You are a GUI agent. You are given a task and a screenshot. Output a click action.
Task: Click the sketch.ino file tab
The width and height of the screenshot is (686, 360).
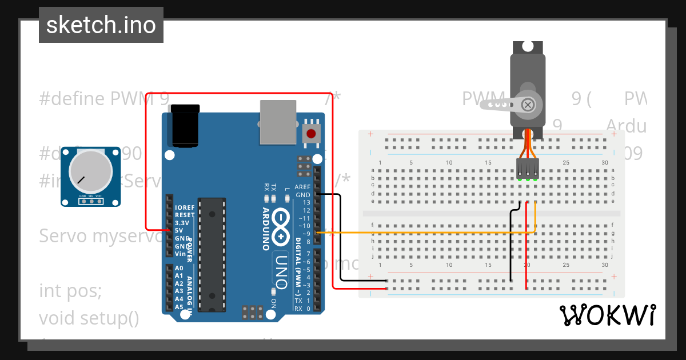pyautogui.click(x=101, y=25)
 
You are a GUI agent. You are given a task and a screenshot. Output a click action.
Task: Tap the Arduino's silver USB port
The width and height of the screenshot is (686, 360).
pyautogui.click(x=278, y=122)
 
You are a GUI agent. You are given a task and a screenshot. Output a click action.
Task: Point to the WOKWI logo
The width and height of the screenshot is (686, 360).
pyautogui.click(x=607, y=315)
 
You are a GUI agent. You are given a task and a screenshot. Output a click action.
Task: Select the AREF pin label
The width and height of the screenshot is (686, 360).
pyautogui.click(x=302, y=187)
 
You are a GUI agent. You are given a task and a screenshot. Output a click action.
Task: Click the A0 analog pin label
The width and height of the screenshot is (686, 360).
pyautogui.click(x=179, y=268)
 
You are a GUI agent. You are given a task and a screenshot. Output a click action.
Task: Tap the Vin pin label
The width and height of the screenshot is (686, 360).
pyautogui.click(x=180, y=254)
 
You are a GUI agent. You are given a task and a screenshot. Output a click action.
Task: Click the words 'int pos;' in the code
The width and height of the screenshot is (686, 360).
pyautogui.click(x=70, y=291)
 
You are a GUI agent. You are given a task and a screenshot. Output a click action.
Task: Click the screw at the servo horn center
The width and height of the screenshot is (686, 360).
pyautogui.click(x=529, y=105)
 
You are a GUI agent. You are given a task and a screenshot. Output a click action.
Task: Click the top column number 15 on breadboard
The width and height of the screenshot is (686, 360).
pyautogui.click(x=488, y=163)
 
